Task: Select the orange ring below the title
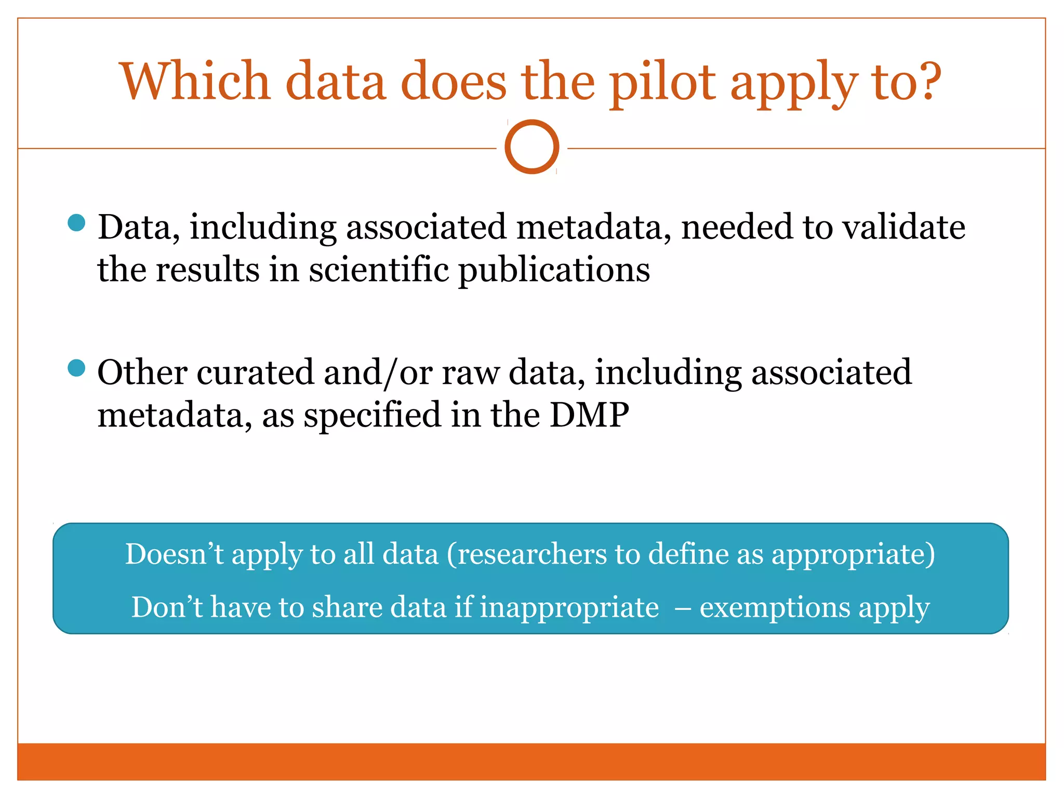pos(531,147)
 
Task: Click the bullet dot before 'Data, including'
pos(76,223)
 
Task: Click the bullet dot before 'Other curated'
pos(76,368)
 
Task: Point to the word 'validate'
pos(903,227)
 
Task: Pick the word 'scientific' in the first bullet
pos(379,270)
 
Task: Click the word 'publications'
pos(554,271)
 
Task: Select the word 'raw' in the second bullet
pos(470,373)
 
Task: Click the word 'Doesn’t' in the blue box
pos(174,554)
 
